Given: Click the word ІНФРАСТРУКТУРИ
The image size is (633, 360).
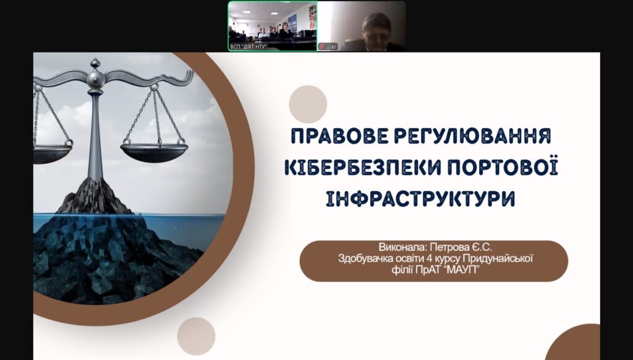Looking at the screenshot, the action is click(x=420, y=199).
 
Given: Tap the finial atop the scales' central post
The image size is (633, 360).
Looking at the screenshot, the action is click(x=95, y=63).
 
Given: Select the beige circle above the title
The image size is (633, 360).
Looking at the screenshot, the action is click(x=308, y=105).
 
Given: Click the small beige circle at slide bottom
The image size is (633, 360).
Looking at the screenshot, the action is click(x=196, y=336).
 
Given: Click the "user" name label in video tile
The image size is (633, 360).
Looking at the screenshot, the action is click(x=331, y=46).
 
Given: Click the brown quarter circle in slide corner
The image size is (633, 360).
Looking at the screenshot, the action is click(x=575, y=343).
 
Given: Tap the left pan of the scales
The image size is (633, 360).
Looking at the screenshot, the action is click(x=53, y=153).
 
